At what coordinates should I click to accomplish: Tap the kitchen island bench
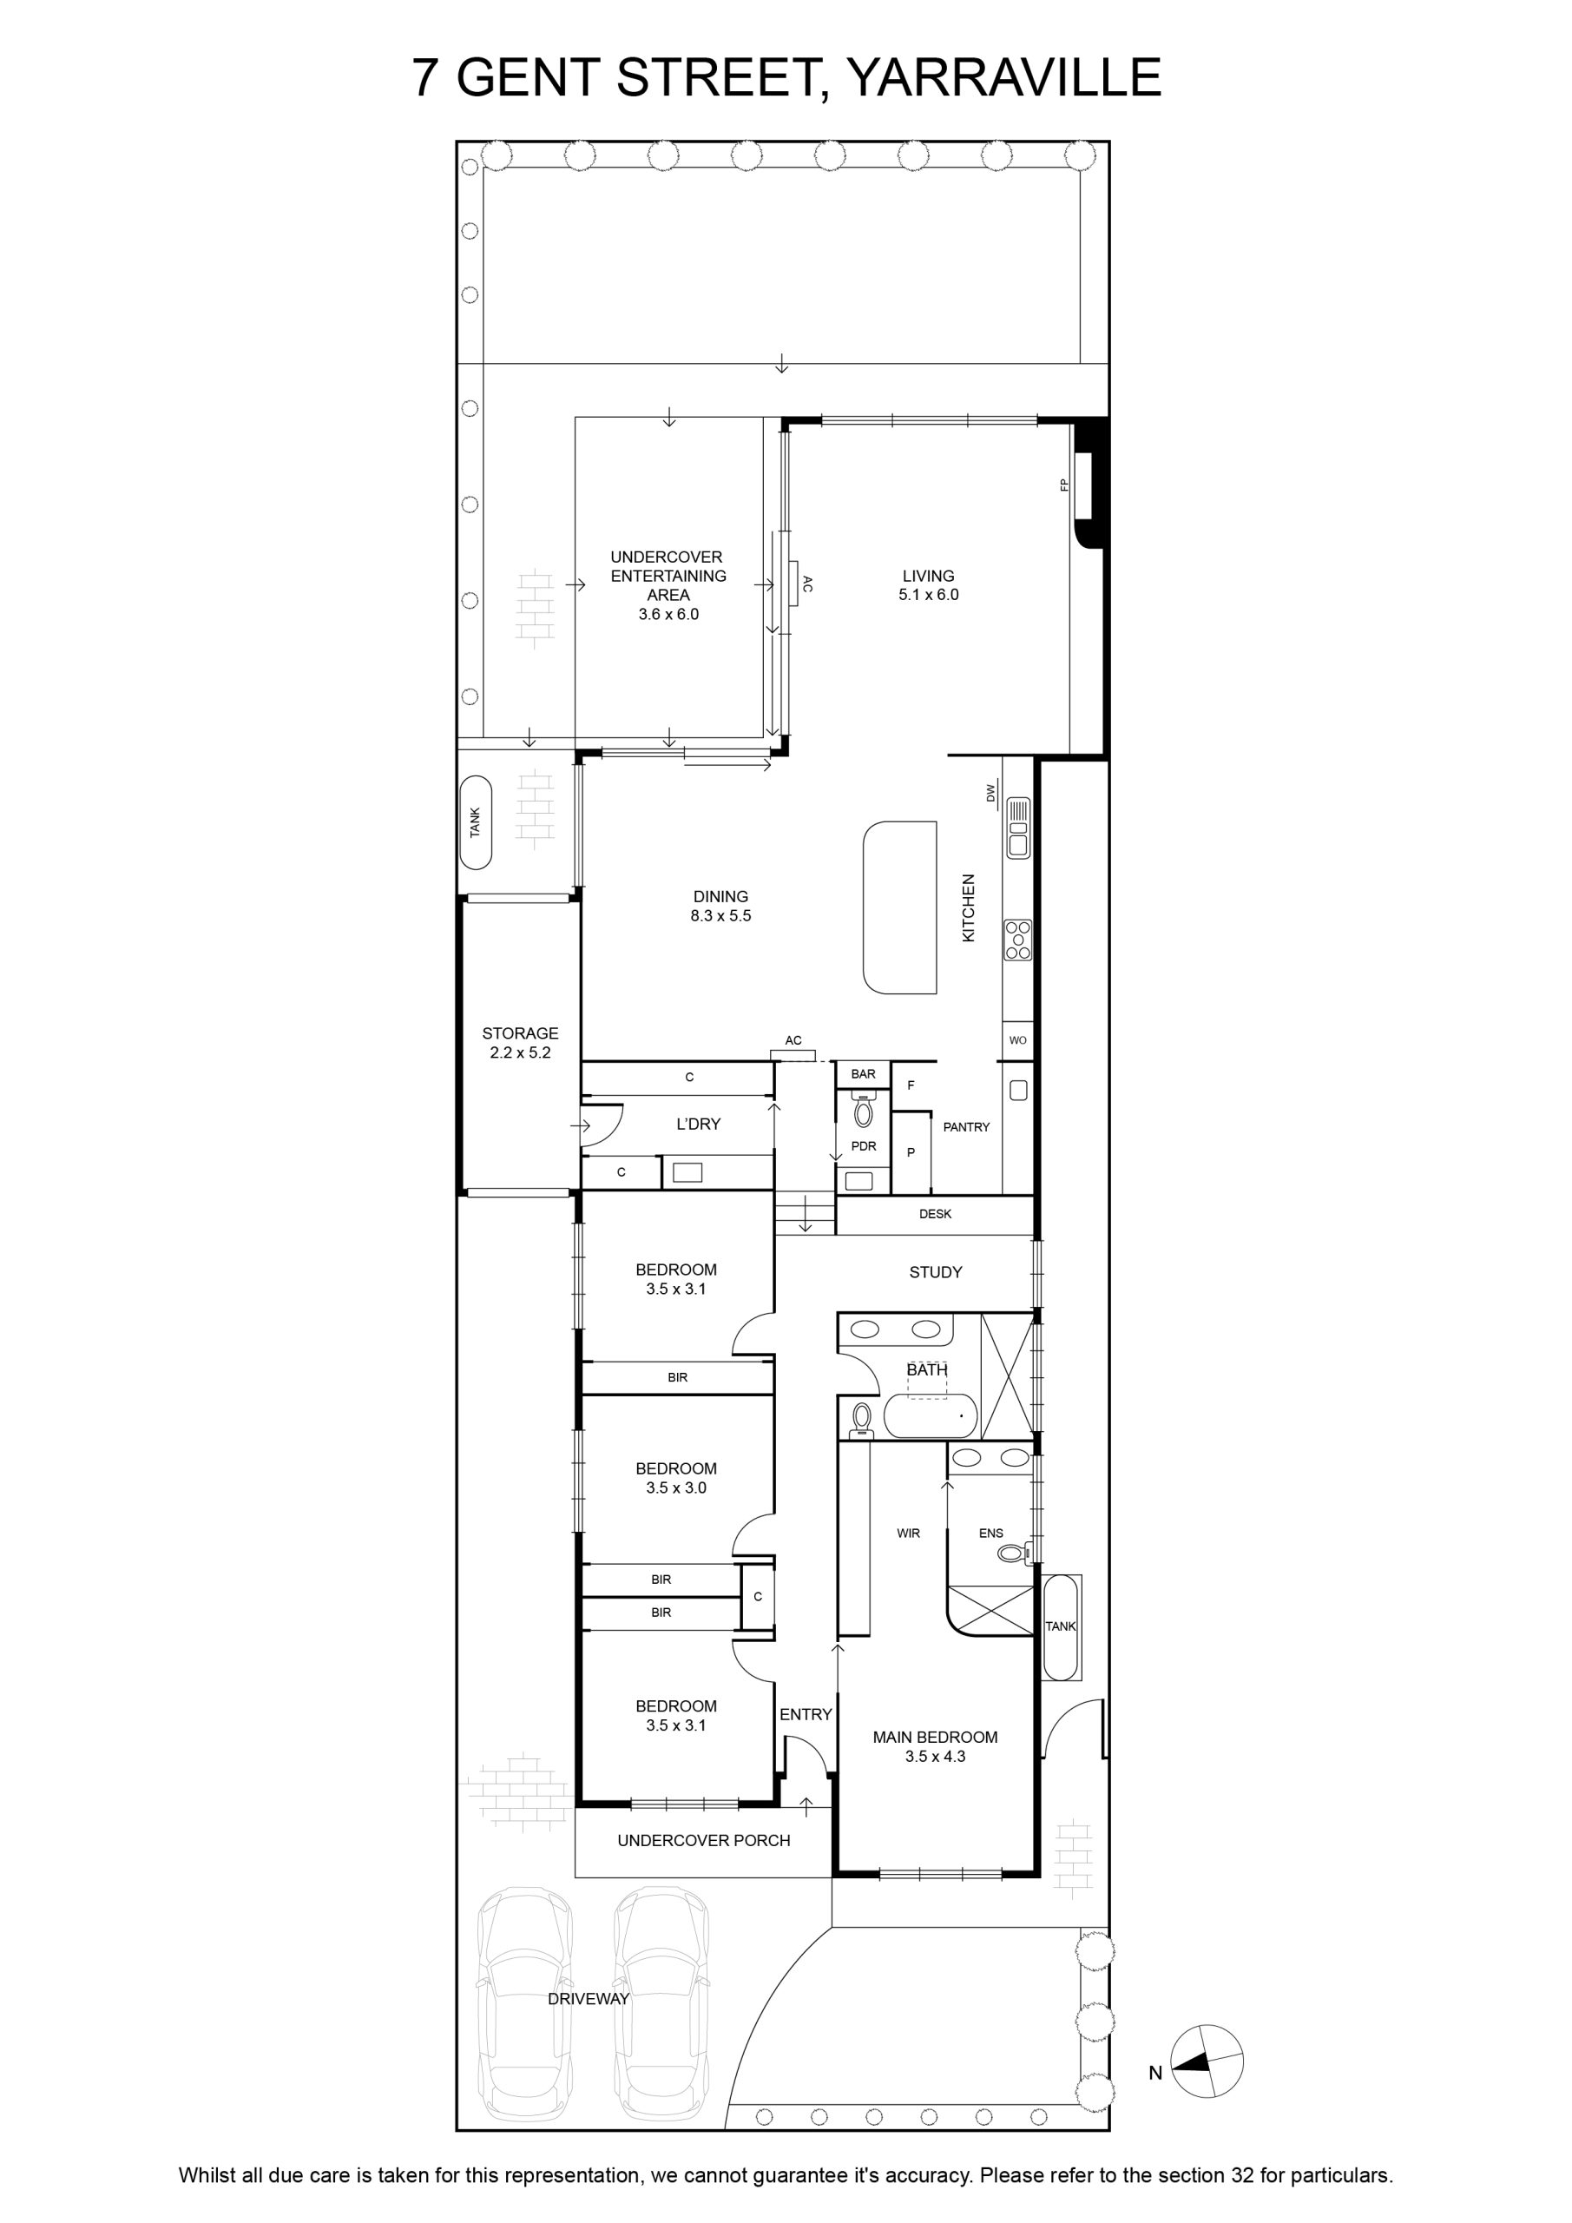pos(900,907)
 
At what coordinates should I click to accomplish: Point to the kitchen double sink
pos(1018,828)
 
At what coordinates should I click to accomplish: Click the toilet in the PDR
pos(864,1110)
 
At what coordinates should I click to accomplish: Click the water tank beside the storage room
pos(476,822)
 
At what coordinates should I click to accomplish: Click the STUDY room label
pos(935,1272)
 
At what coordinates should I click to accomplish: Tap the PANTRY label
pos(966,1127)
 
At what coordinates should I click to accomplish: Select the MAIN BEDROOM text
pos(935,1737)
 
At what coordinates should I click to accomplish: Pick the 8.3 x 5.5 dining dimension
pos(720,915)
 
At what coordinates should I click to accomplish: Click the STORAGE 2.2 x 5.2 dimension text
pos(520,1052)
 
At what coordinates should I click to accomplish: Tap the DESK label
pos(935,1214)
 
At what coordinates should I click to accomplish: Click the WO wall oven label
pos(1017,1041)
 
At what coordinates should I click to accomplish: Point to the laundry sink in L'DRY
pos(688,1172)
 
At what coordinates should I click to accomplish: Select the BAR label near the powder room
pos(864,1074)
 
